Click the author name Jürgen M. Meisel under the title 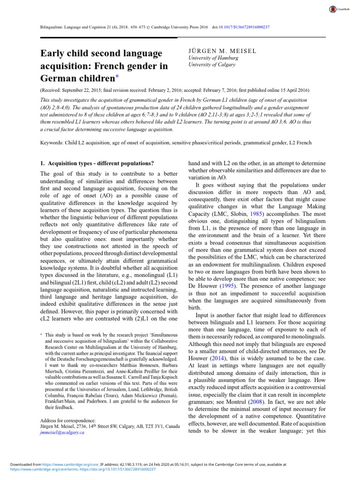pyautogui.click(x=222, y=50)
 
